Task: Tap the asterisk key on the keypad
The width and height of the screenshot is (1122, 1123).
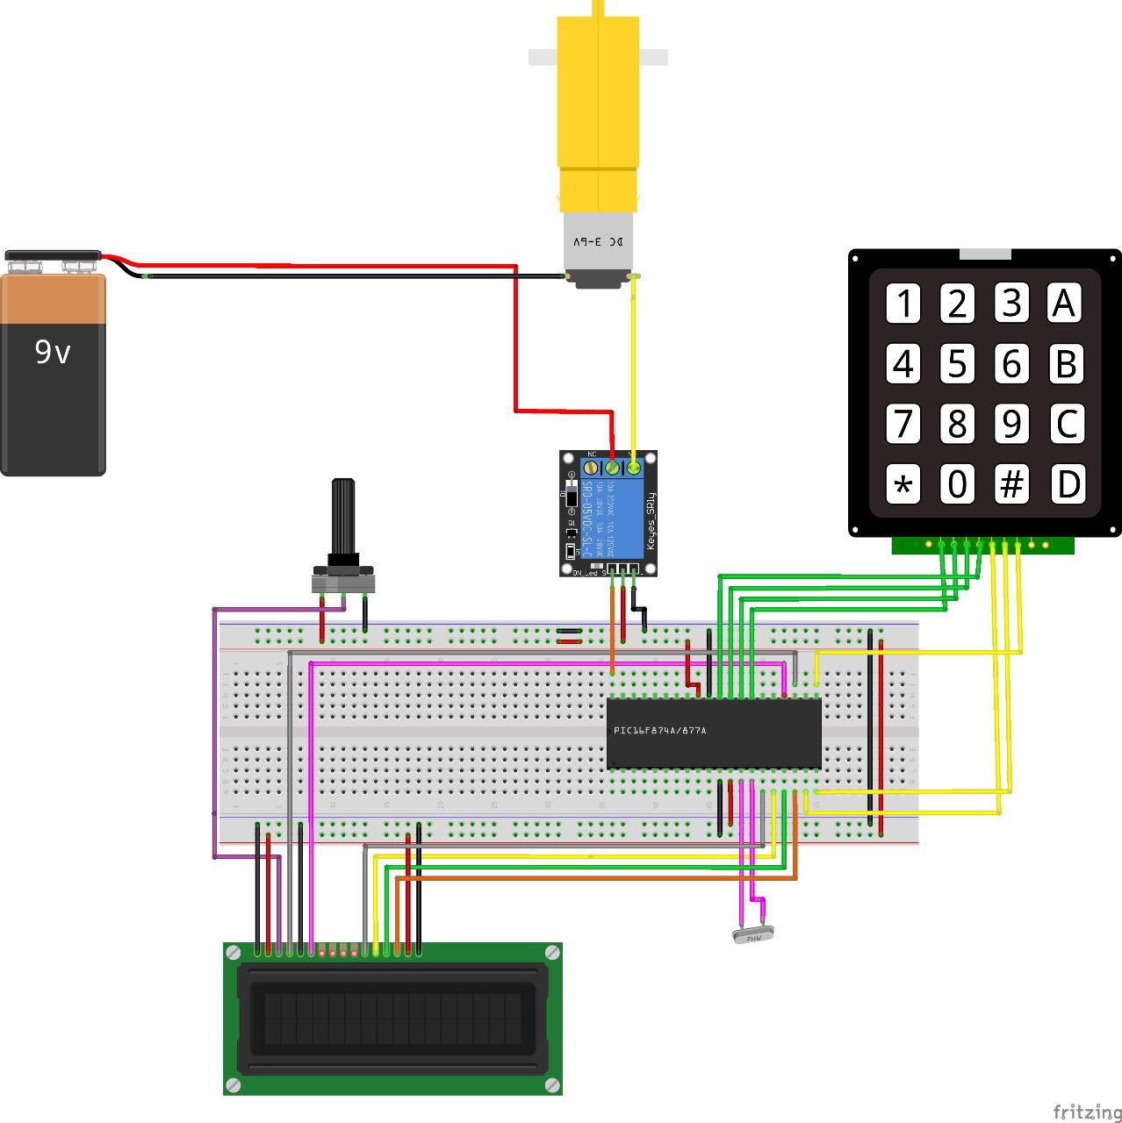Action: (x=903, y=484)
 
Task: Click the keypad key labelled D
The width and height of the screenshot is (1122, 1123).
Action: (x=1066, y=484)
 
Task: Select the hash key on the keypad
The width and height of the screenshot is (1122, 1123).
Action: (x=1011, y=484)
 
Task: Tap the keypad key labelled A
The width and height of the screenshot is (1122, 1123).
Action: (x=1064, y=304)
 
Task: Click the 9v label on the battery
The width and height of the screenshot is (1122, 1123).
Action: (x=52, y=352)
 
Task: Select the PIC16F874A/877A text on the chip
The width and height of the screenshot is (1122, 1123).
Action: (x=660, y=730)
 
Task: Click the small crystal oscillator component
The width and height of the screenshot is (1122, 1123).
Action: (x=754, y=937)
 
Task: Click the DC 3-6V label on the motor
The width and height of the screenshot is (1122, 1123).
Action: (x=599, y=241)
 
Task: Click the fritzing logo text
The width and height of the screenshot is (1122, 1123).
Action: (x=1086, y=1112)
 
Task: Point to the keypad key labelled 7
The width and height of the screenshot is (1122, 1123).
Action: (x=903, y=424)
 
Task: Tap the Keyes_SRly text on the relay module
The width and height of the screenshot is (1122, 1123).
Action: (x=651, y=522)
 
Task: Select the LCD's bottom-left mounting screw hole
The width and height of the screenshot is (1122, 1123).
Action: (x=233, y=1085)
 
